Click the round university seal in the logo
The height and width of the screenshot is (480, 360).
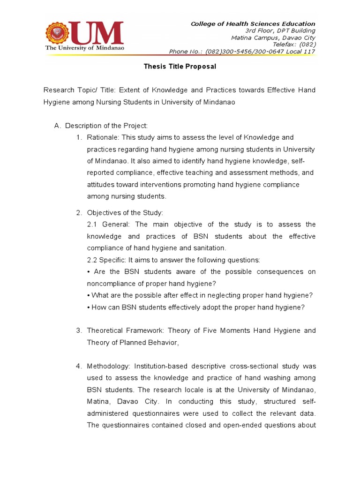click(x=57, y=32)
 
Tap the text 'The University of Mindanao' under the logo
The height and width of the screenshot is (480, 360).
click(x=83, y=48)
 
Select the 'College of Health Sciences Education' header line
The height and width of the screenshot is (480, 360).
click(x=253, y=24)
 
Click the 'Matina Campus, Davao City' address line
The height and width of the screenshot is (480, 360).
click(x=273, y=38)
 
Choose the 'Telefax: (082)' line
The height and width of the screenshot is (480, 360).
click(x=293, y=45)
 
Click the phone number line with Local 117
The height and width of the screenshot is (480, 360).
click(x=242, y=52)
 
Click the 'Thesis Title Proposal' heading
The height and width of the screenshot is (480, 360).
click(x=180, y=67)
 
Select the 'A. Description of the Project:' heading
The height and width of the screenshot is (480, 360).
click(x=101, y=126)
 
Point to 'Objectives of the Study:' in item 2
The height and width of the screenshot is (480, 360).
click(x=125, y=213)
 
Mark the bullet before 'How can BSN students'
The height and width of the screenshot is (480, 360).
click(x=89, y=307)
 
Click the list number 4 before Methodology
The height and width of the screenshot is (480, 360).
click(x=78, y=366)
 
